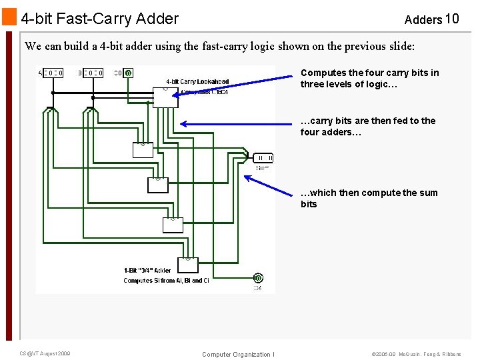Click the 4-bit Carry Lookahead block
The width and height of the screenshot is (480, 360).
click(163, 97)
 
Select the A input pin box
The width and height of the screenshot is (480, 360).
click(51, 73)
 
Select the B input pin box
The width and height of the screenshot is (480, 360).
click(91, 73)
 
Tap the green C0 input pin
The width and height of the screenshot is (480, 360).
click(128, 73)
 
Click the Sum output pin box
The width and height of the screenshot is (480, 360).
click(263, 158)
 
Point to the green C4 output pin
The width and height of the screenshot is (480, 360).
click(257, 278)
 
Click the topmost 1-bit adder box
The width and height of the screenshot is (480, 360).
click(143, 150)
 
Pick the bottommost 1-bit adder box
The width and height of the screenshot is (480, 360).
click(187, 265)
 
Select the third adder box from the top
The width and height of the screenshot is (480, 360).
click(173, 225)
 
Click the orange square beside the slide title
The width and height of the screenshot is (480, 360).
click(9, 17)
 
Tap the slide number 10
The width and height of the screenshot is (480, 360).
click(451, 19)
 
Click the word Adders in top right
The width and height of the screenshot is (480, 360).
click(423, 19)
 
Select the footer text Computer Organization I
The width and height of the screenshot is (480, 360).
click(238, 354)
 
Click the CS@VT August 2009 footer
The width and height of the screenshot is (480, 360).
click(45, 353)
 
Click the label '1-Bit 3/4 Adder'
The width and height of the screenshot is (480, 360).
click(147, 271)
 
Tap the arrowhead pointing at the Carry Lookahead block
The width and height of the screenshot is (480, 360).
click(175, 94)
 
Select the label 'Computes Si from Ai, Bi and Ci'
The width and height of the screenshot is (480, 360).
click(166, 281)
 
